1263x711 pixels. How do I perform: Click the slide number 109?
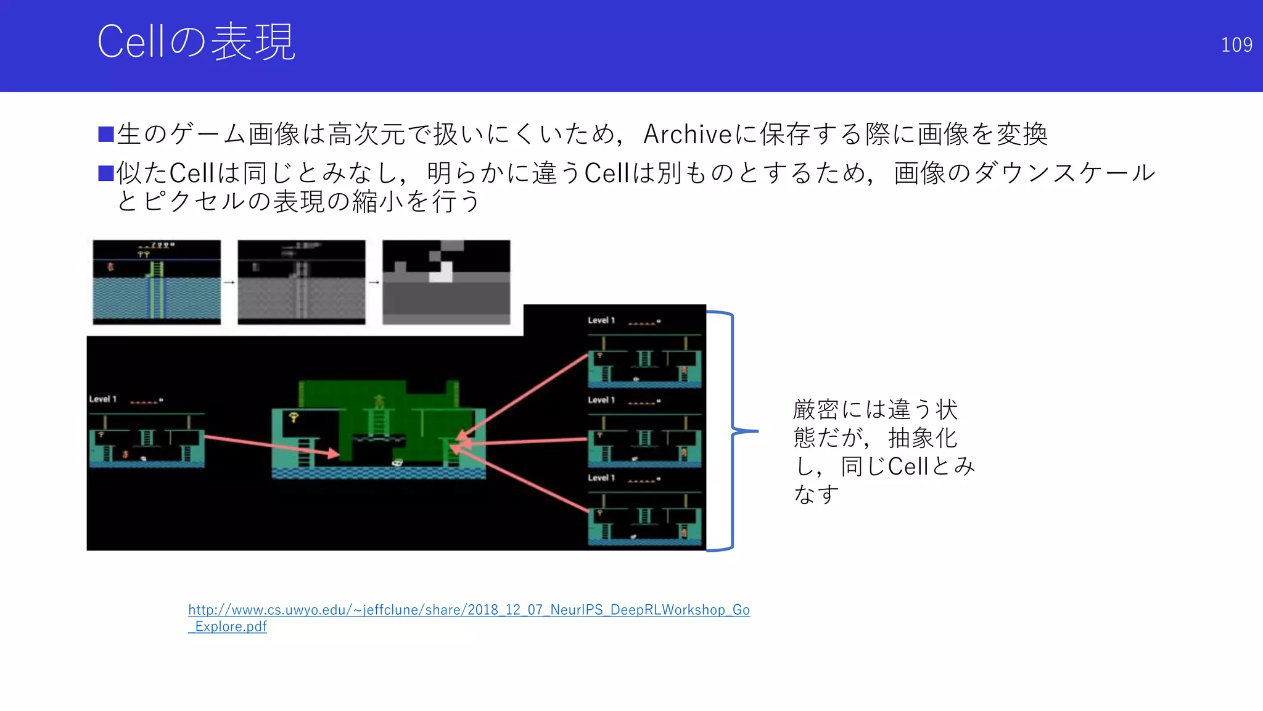1236,44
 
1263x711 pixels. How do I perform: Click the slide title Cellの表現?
196,42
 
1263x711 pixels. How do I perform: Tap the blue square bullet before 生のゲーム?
106,134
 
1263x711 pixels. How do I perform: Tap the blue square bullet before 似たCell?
106,173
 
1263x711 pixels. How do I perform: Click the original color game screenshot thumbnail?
157,282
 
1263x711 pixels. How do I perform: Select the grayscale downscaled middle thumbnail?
302,282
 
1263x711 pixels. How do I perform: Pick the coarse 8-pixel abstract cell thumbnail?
446,282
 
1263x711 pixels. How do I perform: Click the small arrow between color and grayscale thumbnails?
229,283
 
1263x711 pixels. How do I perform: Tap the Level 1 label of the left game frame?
102,399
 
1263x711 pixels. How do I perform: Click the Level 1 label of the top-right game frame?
601,320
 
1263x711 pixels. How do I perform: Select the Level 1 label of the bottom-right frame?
601,478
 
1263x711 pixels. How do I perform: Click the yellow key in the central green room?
294,418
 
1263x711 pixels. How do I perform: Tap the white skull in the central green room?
398,462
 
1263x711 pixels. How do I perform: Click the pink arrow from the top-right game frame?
524,395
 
